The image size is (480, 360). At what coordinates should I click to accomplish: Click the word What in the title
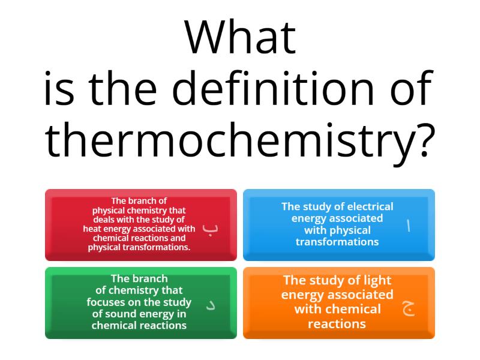point(240,37)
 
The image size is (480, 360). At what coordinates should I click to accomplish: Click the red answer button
point(141,225)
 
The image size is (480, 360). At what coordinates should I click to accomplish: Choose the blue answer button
point(339,225)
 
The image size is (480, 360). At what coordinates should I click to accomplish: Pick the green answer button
point(141,303)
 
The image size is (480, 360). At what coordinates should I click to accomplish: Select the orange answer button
point(339,303)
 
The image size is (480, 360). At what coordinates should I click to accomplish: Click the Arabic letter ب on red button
point(209,228)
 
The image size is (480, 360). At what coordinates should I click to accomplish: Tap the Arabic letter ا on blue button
point(409,226)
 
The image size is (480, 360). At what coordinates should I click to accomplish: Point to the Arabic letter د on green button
point(211,305)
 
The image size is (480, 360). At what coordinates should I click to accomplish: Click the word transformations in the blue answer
point(337,242)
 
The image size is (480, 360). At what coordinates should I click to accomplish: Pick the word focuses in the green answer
point(108,302)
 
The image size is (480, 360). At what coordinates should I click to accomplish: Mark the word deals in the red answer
point(104,220)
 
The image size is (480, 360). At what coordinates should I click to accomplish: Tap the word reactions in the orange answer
point(337,324)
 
